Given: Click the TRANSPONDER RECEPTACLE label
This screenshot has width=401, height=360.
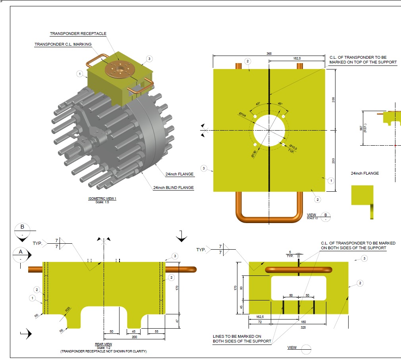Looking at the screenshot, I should [78, 34].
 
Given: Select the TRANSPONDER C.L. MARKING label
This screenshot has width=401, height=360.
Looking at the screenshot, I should [63, 44].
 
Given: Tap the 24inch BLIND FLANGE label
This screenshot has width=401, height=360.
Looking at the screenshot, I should [174, 188].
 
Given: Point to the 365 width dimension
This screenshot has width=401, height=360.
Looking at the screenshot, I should [269, 54].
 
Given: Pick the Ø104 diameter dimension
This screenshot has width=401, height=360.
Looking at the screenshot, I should [243, 114].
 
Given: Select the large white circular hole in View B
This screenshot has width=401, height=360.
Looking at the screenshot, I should [269, 130].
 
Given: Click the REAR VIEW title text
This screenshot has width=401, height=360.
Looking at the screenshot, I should [103, 344].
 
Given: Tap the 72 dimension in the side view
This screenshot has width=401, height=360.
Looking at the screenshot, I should [260, 322].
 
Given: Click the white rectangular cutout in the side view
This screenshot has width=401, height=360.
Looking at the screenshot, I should [299, 288].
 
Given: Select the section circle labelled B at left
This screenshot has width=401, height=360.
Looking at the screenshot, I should [22, 230].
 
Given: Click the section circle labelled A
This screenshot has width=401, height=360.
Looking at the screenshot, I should [21, 255].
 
